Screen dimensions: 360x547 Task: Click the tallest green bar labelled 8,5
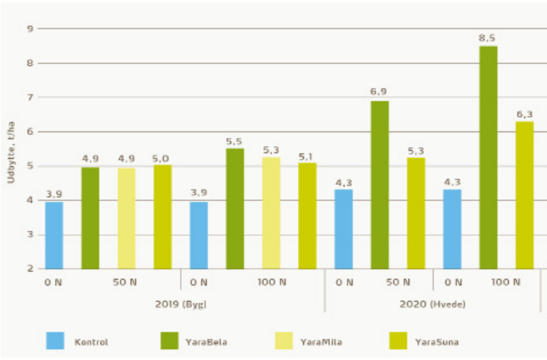point(488,157)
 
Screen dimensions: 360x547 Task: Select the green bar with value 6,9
point(379,185)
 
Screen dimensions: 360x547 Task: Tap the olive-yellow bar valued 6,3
point(524,195)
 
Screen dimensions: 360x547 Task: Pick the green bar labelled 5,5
point(234,208)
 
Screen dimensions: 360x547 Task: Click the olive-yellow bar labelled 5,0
point(163,216)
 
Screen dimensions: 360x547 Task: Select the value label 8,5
point(488,36)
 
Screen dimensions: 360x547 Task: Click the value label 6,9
point(379,92)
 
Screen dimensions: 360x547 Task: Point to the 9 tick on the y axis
point(30,29)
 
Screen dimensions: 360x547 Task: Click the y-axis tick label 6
point(30,131)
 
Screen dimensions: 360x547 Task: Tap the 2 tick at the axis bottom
point(30,268)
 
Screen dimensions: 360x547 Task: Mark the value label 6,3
point(524,112)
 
